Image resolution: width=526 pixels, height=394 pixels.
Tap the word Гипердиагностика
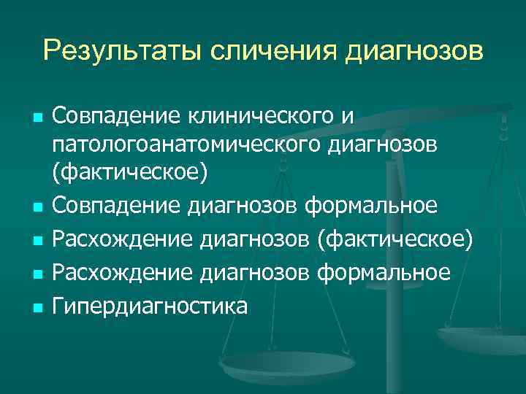pyautogui.click(x=150, y=306)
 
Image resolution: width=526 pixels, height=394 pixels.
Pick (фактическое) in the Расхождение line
pyautogui.click(x=392, y=239)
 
